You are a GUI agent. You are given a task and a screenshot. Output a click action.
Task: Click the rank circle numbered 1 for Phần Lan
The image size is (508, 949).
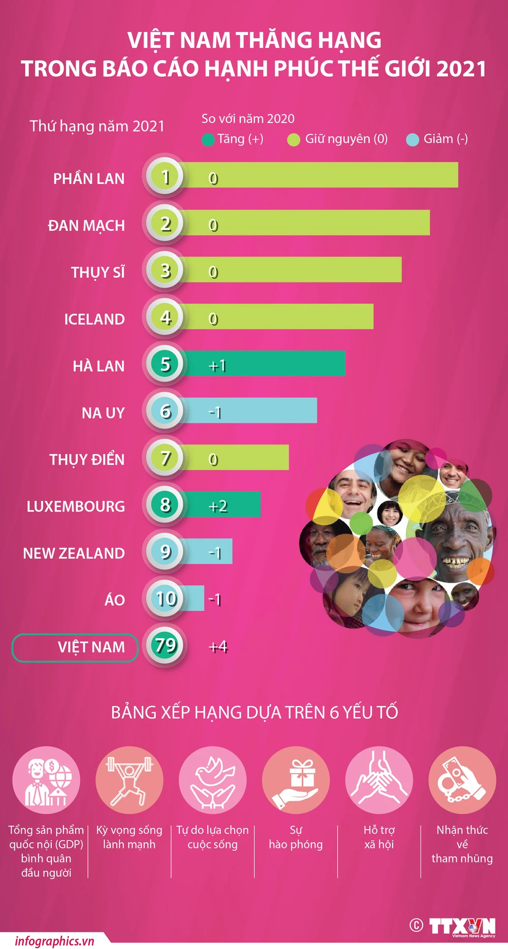coord(165,176)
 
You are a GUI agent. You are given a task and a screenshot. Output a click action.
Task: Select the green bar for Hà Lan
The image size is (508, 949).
coord(274,364)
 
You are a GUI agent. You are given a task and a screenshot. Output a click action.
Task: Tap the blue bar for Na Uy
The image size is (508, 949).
coord(264,410)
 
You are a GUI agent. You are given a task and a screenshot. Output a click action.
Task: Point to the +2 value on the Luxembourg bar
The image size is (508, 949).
coord(218,506)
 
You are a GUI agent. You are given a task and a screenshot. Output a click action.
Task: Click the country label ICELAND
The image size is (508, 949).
coord(94,319)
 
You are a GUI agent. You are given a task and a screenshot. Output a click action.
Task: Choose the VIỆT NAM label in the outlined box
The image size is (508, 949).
coord(91,647)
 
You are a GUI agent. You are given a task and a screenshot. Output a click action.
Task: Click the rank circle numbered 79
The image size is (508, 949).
coord(165,645)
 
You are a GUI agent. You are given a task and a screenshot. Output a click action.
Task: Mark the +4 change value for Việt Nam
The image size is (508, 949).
coord(218,647)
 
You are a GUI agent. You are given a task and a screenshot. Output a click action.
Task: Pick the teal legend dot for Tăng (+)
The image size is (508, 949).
coord(208,140)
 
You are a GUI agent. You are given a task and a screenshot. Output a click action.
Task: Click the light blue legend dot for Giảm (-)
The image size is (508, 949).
coord(412,140)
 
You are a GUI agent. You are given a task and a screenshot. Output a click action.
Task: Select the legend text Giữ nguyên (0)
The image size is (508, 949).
coord(346,139)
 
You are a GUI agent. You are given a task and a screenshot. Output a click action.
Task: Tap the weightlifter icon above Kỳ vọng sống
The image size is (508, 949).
coord(129,780)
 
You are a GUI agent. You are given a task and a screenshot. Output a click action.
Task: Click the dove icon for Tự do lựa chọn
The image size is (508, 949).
coord(212,780)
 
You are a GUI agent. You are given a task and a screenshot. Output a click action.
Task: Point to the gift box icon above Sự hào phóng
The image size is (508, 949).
coord(296,780)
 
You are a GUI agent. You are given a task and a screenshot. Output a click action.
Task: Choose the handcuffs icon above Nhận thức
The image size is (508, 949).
coord(462,780)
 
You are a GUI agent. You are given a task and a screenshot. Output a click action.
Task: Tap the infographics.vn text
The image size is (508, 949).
coord(54,941)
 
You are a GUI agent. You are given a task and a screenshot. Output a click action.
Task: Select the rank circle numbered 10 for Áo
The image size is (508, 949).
coord(166,598)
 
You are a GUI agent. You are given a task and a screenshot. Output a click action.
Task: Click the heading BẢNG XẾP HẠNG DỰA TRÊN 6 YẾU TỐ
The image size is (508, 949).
coord(254,712)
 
